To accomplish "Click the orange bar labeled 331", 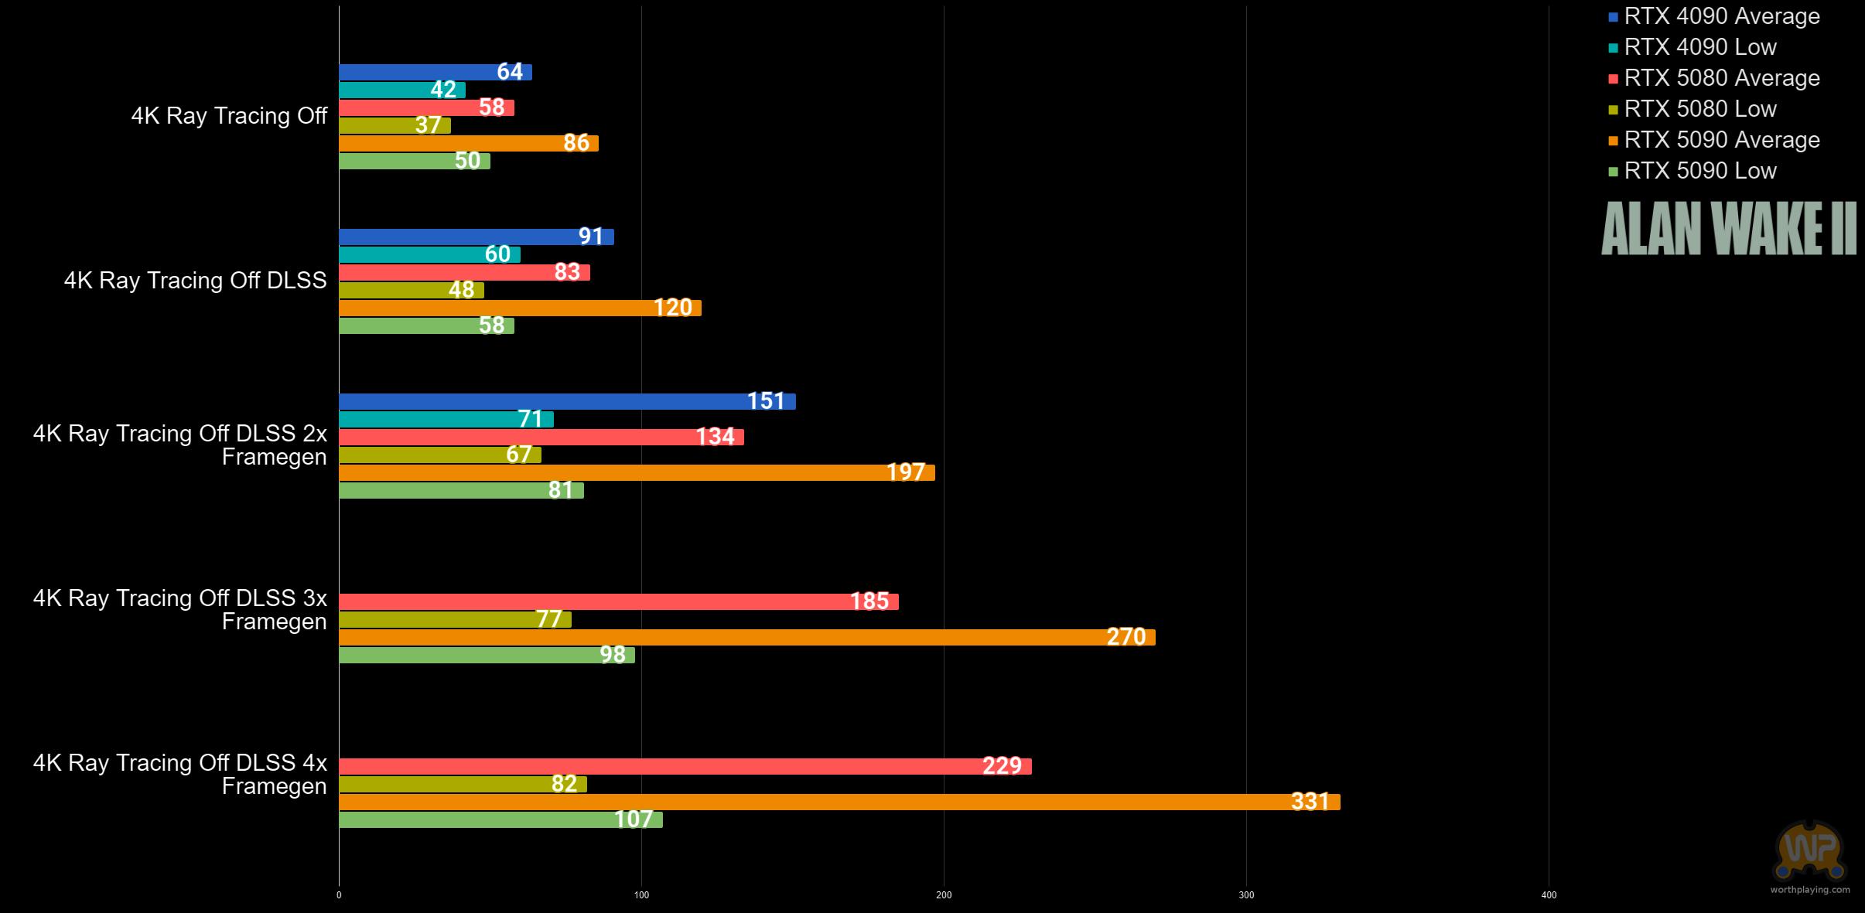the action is coord(839,802).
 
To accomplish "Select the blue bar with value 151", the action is coord(567,401).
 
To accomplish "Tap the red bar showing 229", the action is coord(685,766).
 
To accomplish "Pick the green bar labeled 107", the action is coord(500,819).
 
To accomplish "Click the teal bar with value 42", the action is coord(402,90).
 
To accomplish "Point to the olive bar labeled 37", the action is coord(395,125).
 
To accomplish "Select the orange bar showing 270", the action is coord(747,637).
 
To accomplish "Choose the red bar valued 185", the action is coord(619,601).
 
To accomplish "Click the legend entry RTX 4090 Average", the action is coord(1714,16).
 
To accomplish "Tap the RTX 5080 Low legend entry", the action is coord(1693,109).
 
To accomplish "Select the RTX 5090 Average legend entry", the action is coord(1714,140).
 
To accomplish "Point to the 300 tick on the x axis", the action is coord(1246,895).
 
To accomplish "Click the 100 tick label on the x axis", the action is coord(641,895).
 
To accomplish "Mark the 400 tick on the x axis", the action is coord(1549,895).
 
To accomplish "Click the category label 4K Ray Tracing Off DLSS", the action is coord(196,281).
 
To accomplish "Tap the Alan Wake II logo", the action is coord(1729,228).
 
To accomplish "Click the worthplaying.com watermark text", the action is coord(1810,890).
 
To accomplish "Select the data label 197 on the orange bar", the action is coord(906,472).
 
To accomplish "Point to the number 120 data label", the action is coord(673,308).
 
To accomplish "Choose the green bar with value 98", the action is coord(487,655).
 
